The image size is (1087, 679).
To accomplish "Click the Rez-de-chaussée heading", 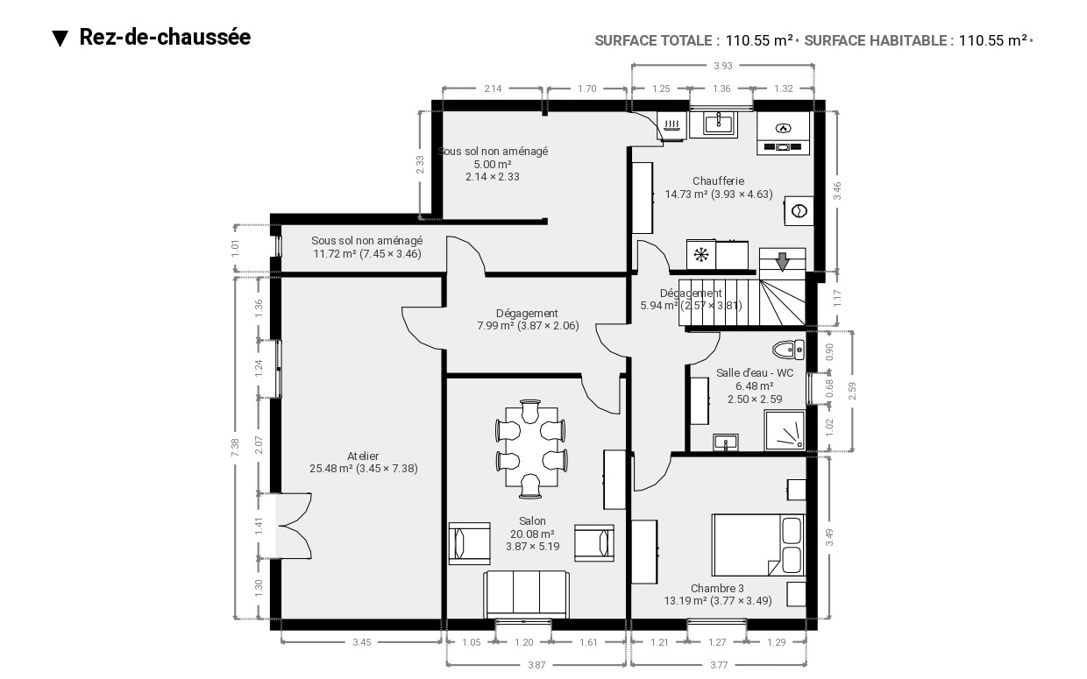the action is (165, 38).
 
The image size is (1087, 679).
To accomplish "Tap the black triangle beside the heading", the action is (60, 39).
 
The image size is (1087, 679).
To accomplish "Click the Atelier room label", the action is (363, 456).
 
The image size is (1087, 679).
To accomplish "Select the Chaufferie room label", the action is (718, 180).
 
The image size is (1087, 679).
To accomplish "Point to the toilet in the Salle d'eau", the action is (789, 350).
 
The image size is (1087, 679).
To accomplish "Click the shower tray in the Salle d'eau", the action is (785, 430).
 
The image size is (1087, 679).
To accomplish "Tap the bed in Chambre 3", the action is (758, 545).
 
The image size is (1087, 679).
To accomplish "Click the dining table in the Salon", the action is (531, 447).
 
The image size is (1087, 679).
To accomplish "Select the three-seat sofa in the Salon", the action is (526, 595).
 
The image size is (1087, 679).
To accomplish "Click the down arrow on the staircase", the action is (782, 262).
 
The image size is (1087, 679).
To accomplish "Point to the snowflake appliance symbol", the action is (701, 255).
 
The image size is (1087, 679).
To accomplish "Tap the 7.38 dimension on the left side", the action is (235, 447).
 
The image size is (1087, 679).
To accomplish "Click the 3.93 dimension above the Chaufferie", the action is (722, 66).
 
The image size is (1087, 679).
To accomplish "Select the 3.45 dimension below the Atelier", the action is (361, 642).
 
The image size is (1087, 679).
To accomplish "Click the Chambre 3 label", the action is (717, 588).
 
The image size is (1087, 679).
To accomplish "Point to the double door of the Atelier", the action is (294, 526).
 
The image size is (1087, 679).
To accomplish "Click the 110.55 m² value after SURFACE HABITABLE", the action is (993, 40).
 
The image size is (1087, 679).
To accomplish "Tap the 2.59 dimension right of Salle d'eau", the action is (852, 391).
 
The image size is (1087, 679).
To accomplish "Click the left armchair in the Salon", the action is (469, 544).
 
